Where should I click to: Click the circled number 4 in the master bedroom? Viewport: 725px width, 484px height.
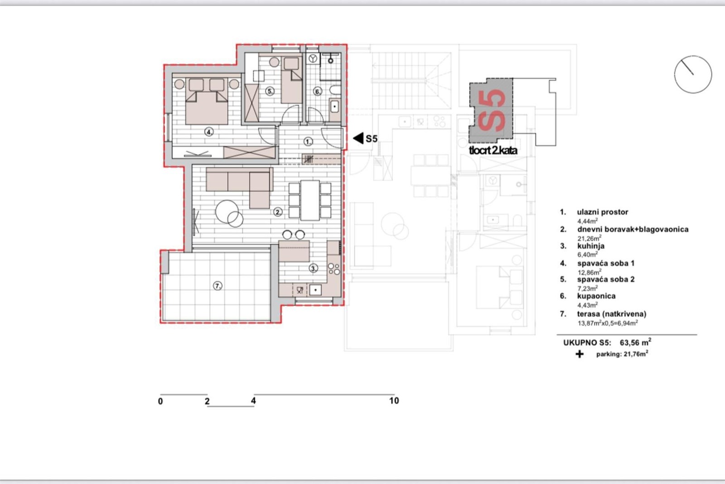click(209, 132)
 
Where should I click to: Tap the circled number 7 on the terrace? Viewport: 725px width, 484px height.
click(217, 286)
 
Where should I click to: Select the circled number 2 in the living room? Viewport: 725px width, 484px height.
click(278, 212)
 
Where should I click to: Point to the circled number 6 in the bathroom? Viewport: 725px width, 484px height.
click(318, 92)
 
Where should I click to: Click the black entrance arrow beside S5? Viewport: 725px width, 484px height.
click(358, 138)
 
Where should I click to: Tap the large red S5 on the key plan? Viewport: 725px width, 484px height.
click(491, 111)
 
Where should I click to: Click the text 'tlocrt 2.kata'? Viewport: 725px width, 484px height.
click(493, 151)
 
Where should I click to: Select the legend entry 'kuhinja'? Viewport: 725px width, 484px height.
click(591, 246)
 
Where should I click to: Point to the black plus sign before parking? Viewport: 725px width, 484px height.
click(580, 354)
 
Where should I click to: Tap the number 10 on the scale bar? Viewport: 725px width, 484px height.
click(394, 401)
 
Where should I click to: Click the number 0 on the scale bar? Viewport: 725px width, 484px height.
click(160, 401)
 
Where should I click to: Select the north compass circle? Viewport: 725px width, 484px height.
click(693, 74)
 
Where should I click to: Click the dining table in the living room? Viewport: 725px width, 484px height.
click(310, 200)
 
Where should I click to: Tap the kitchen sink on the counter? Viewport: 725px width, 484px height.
click(315, 289)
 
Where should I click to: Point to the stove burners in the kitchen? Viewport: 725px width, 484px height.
click(334, 269)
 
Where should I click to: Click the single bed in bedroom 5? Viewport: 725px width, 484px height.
click(292, 80)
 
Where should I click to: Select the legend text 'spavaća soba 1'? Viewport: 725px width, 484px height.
click(605, 264)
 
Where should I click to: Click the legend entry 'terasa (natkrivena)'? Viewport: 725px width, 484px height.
click(611, 314)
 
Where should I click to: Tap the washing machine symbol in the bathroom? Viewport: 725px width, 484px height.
click(313, 59)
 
